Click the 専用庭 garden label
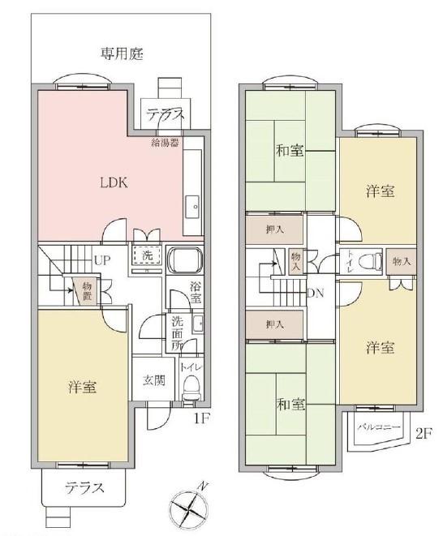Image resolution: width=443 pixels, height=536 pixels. pos(122,54)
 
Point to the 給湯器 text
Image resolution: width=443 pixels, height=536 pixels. pos(165,143)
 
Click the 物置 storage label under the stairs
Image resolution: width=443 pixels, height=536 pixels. pos(86,289)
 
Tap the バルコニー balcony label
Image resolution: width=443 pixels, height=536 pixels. pos(373,424)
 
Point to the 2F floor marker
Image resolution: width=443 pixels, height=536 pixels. pos(423,432)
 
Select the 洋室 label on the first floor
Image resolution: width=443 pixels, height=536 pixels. pos(82,387)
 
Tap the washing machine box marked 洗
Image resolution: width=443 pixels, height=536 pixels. pos(147,255)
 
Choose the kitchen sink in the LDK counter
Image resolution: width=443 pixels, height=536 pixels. pos(192,208)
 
